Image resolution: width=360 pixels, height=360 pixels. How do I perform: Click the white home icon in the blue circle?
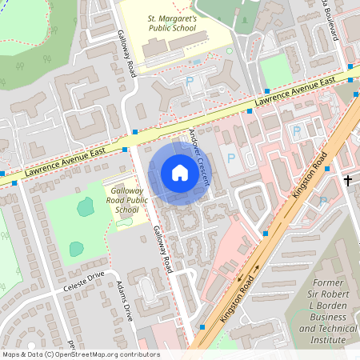[180, 173]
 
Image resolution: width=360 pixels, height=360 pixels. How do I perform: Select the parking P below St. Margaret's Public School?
[190, 81]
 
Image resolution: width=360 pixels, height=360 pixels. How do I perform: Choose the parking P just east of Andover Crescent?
[232, 158]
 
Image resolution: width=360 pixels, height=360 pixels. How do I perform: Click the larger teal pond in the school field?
[84, 207]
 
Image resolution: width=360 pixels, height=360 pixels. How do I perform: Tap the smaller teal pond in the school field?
[76, 249]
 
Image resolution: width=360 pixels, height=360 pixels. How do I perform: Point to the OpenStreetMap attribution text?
[80, 354]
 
